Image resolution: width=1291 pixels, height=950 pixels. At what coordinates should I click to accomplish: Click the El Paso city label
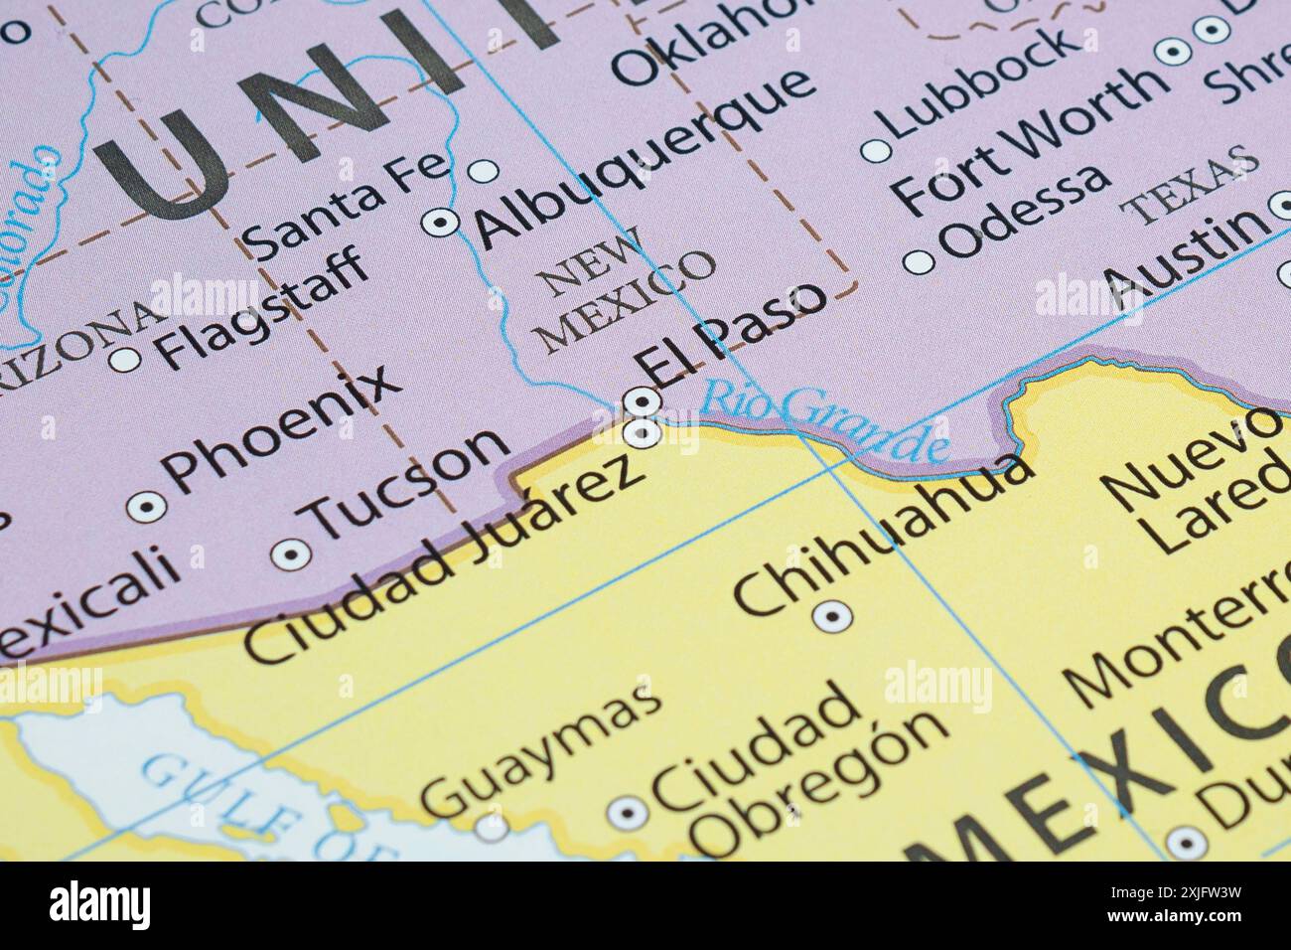click(733, 335)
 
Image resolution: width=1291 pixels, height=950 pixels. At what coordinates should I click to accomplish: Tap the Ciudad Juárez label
click(442, 560)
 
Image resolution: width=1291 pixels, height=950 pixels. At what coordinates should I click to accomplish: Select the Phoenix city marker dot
click(147, 507)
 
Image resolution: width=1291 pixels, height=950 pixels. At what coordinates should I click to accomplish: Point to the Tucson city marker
click(291, 554)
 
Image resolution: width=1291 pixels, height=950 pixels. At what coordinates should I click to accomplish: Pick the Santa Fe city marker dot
click(483, 171)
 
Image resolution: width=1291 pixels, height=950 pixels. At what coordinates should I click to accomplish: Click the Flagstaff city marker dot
click(124, 359)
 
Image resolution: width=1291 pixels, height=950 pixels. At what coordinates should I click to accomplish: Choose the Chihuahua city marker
click(831, 617)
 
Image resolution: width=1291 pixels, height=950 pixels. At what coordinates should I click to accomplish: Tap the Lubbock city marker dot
click(875, 151)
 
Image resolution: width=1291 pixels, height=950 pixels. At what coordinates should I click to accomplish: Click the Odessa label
click(1025, 211)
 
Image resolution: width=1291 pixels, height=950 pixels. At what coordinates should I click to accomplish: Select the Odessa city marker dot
click(919, 262)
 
